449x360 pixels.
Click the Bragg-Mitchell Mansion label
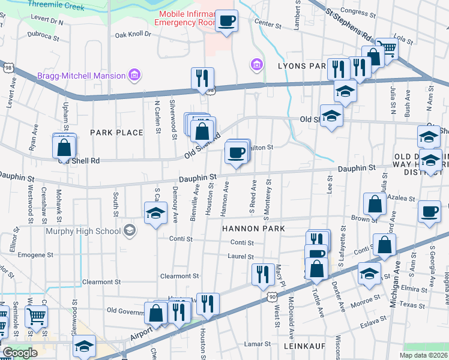click(x=81, y=76)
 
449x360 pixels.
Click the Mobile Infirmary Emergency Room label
click(x=184, y=18)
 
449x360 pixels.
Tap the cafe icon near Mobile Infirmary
click(x=227, y=21)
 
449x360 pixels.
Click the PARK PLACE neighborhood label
click(x=116, y=132)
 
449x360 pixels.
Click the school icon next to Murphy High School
click(x=129, y=230)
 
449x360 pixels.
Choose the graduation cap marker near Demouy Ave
click(x=155, y=213)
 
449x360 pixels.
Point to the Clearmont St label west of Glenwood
click(x=101, y=281)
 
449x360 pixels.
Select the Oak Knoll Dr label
click(x=133, y=34)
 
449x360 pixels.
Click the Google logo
click(x=19, y=353)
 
